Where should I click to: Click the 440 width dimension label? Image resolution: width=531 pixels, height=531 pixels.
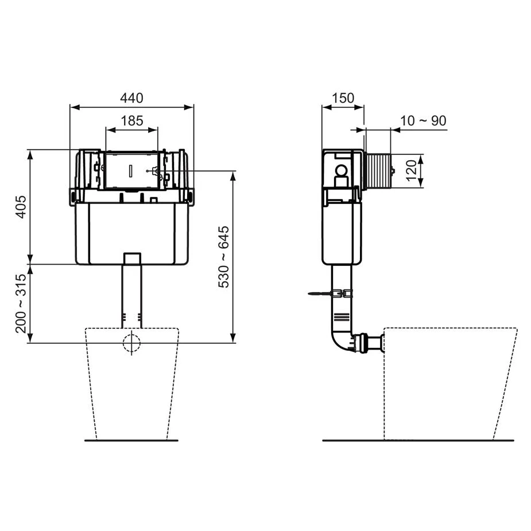(131, 98)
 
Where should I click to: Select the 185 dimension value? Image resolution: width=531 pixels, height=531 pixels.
(131, 121)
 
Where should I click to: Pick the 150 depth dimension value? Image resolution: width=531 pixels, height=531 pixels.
(343, 98)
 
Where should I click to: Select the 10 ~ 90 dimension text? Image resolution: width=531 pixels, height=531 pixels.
(423, 121)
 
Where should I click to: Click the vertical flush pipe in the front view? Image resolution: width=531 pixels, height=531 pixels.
(131, 293)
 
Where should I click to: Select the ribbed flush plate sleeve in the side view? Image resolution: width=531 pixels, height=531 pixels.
(378, 170)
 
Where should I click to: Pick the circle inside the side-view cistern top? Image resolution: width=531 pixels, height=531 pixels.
(342, 170)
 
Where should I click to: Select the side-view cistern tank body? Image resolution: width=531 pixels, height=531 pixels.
(342, 232)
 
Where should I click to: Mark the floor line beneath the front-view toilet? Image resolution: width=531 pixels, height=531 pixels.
(131, 441)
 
